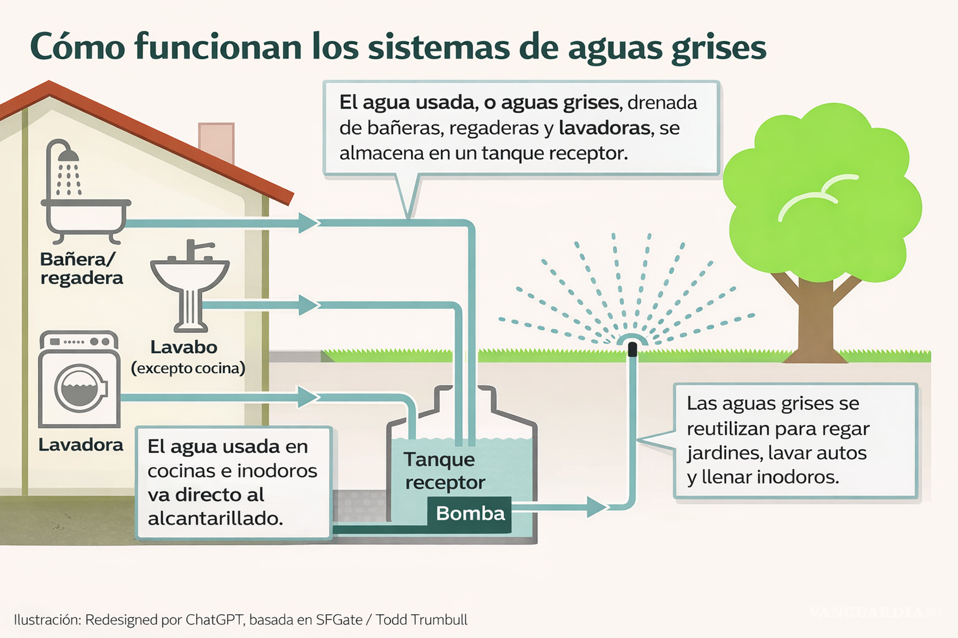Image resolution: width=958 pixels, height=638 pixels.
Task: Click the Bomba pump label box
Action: click(x=469, y=514)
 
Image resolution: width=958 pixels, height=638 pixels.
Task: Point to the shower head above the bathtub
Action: click(x=69, y=154)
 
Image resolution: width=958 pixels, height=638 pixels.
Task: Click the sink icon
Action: click(x=190, y=284)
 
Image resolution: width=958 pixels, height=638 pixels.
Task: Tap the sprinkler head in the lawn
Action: click(x=632, y=348)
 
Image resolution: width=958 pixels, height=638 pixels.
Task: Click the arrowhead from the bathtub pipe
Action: click(x=308, y=223)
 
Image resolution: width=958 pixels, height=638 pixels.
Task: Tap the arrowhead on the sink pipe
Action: click(x=308, y=305)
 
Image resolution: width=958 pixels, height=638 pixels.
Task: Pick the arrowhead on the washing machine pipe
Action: click(x=308, y=397)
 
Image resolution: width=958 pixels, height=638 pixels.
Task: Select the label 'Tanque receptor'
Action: click(x=444, y=471)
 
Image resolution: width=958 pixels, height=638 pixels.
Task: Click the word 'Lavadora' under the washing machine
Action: click(x=81, y=445)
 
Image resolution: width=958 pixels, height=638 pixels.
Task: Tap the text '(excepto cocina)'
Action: click(x=188, y=369)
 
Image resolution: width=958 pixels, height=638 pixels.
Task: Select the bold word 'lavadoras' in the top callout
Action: click(x=604, y=128)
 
